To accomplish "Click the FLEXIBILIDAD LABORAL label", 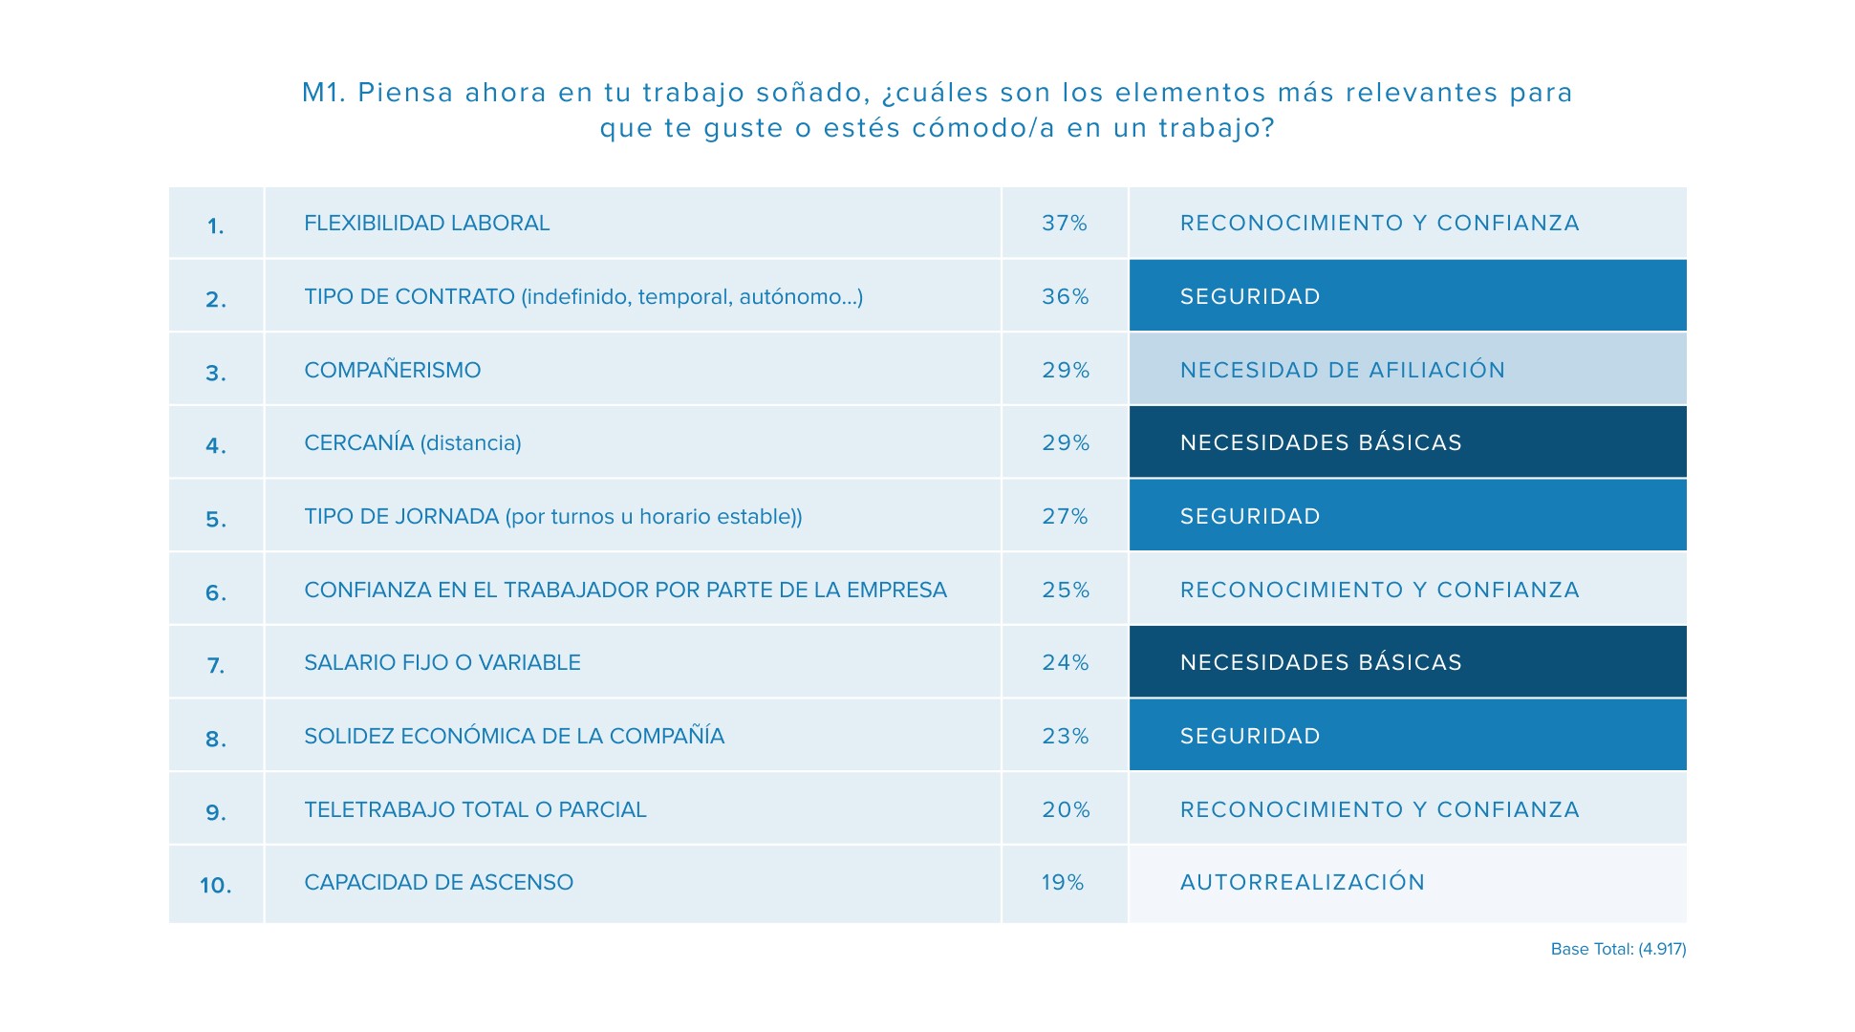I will click(x=426, y=223).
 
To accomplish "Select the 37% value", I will click(x=1064, y=223).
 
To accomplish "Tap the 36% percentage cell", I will click(x=1065, y=296).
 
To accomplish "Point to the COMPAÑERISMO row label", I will click(x=392, y=370).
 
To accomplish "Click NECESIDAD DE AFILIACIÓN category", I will click(x=1342, y=370).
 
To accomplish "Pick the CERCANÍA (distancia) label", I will click(x=412, y=442).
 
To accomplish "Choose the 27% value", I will click(x=1065, y=516).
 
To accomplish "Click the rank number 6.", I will click(x=216, y=592).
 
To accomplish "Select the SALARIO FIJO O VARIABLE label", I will click(x=442, y=662).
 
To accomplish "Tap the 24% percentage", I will click(x=1065, y=662).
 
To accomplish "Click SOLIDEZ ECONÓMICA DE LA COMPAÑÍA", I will click(x=513, y=736).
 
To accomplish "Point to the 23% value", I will click(x=1065, y=736).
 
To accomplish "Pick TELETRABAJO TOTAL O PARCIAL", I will click(x=475, y=809).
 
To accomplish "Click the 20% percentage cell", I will click(x=1065, y=809).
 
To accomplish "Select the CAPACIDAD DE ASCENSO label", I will click(x=438, y=882).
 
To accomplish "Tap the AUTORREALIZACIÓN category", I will click(x=1302, y=882).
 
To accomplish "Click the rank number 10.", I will click(x=215, y=886).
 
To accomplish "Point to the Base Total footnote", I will click(x=1617, y=949).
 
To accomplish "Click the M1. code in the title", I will click(x=323, y=93).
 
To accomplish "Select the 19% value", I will click(x=1062, y=882).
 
